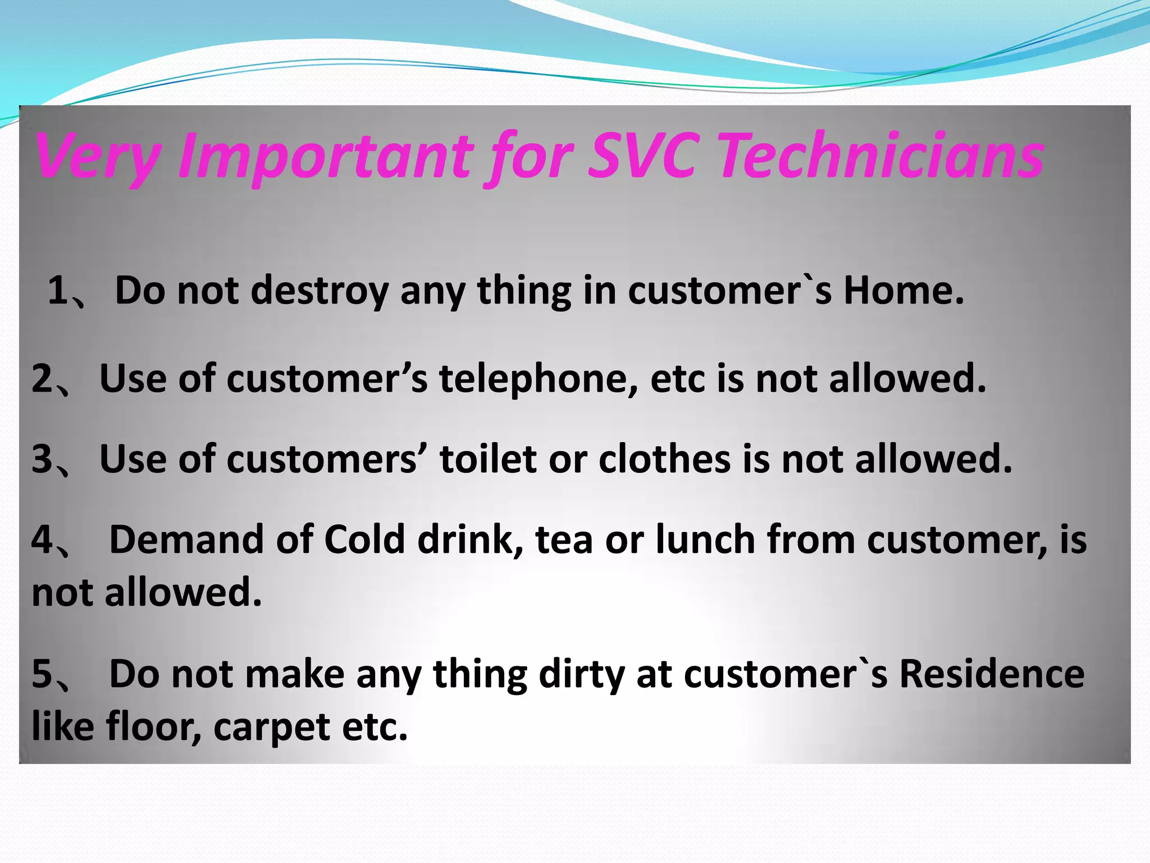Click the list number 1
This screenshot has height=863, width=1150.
pos(58,291)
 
